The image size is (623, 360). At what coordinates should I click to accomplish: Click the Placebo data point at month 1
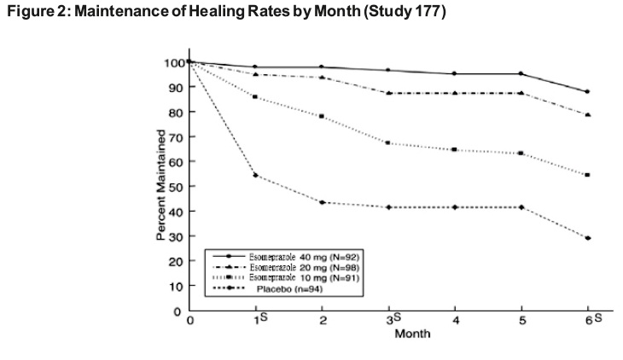(255, 176)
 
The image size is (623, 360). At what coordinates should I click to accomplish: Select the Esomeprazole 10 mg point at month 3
(388, 142)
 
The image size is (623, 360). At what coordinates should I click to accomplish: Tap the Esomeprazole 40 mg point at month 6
(587, 91)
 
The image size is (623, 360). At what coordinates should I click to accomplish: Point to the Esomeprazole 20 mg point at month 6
(587, 114)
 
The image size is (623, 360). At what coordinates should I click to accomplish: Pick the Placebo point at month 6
(587, 238)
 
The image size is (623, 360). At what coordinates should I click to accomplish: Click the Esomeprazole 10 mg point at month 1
(255, 96)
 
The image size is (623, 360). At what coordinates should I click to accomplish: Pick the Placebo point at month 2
(322, 202)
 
